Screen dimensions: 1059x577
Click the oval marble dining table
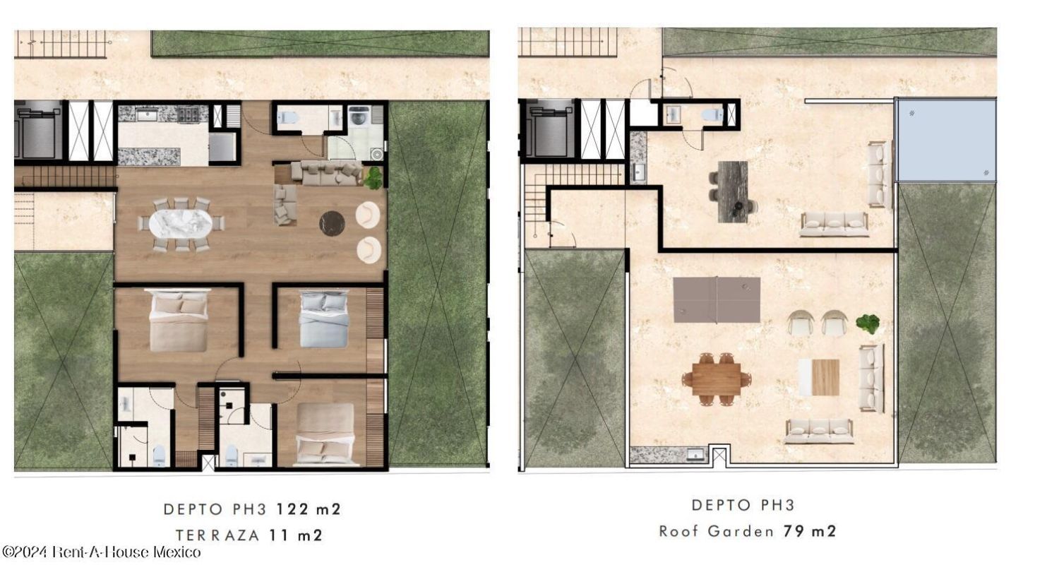tap(181, 224)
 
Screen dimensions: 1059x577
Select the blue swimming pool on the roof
tap(947, 140)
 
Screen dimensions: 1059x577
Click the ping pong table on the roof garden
tap(717, 300)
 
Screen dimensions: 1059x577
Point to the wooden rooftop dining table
tap(717, 379)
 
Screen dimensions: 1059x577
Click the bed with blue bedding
tap(324, 319)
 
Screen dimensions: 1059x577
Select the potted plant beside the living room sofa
tap(373, 178)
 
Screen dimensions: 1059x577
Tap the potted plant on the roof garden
tap(868, 323)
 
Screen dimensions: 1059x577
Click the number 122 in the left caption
tap(293, 509)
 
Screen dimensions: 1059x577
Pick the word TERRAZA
tap(218, 535)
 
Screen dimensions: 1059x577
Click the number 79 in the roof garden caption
tap(794, 531)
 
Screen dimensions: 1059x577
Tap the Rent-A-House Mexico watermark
tap(102, 552)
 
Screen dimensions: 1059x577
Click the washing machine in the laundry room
tap(359, 116)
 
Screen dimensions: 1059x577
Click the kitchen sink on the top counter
tap(148, 114)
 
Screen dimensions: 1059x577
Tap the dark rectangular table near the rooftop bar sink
tap(733, 191)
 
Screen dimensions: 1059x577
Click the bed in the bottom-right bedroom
tap(325, 434)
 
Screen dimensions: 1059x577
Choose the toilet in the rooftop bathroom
tap(712, 114)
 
